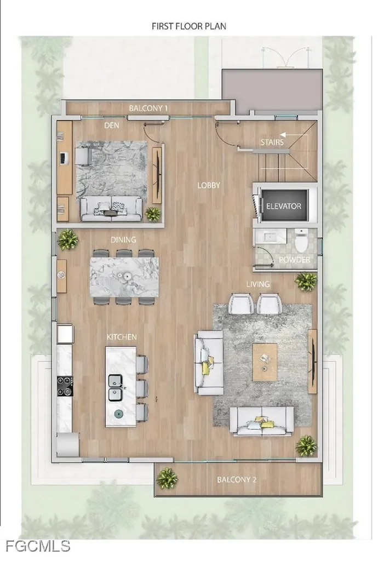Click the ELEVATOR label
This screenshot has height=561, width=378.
click(x=284, y=206)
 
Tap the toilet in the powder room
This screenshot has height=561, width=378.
click(x=300, y=240)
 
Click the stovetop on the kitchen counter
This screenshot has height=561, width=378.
click(x=65, y=385)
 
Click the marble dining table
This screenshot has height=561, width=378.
click(x=124, y=276)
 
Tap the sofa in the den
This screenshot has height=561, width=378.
click(x=111, y=208)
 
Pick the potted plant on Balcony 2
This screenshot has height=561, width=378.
click(x=167, y=478)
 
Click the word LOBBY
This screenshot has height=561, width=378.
click(x=209, y=185)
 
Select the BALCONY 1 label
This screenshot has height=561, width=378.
click(x=148, y=108)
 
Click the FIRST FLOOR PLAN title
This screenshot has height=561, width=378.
click(x=189, y=26)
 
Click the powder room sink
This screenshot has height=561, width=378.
click(x=270, y=237)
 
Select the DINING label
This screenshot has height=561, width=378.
click(x=123, y=239)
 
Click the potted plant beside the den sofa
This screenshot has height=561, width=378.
click(x=153, y=213)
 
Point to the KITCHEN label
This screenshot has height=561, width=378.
click(x=121, y=336)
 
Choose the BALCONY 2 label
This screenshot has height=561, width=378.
click(x=237, y=480)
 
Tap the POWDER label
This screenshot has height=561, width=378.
click(x=295, y=260)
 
